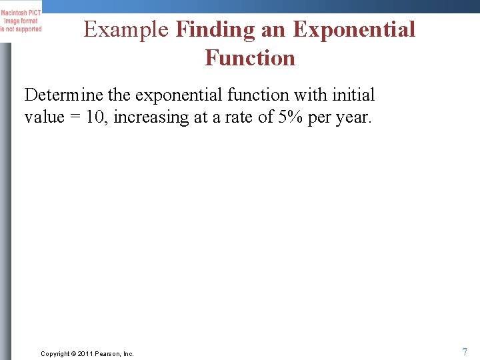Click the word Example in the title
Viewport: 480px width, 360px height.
[x=127, y=30]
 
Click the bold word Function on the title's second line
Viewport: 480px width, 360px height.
[x=250, y=58]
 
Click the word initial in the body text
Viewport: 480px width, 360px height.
[x=353, y=95]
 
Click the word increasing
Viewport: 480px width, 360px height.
[x=151, y=118]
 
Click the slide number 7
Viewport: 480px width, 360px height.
[x=464, y=351]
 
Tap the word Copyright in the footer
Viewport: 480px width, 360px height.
[x=55, y=353]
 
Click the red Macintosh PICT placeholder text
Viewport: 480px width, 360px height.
[x=21, y=21]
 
